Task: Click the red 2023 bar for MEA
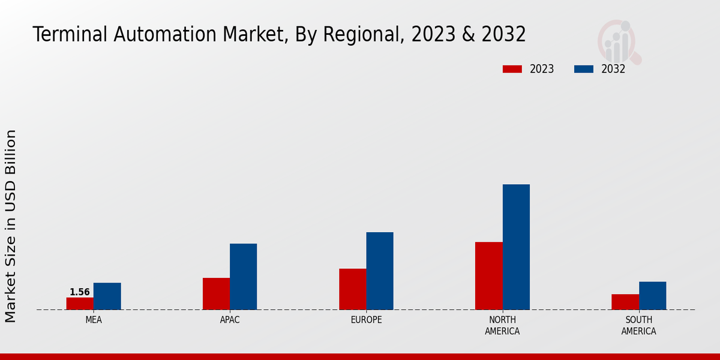(80, 304)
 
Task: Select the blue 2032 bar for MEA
(107, 296)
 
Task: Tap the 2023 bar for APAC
(216, 294)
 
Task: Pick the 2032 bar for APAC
(243, 277)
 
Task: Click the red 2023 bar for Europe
(352, 289)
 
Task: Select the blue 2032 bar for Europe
(380, 271)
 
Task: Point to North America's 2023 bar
(488, 276)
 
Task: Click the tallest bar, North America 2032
(516, 247)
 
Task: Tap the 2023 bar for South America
(625, 302)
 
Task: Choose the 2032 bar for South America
(652, 296)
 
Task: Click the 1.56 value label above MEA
(80, 292)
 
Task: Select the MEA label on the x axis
(94, 320)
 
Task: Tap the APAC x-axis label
(230, 320)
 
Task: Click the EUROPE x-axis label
(366, 320)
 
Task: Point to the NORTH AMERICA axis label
(502, 325)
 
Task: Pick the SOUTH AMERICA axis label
(638, 325)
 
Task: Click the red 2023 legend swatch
(512, 69)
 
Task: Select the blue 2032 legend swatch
(583, 69)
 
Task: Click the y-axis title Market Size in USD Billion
(11, 226)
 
